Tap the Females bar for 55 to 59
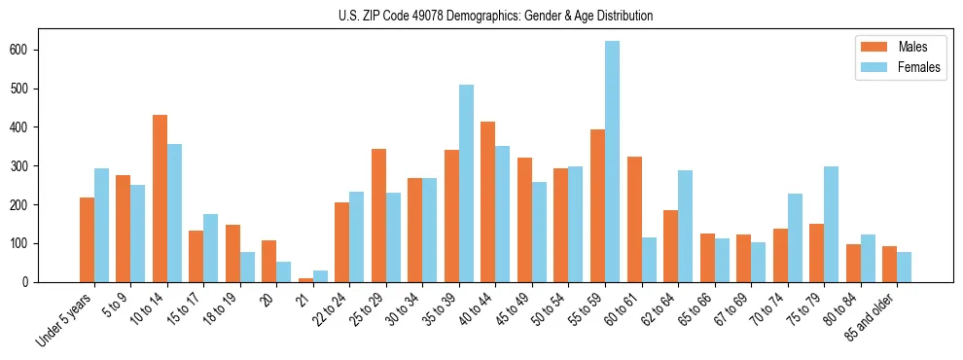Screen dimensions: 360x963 (x=612, y=162)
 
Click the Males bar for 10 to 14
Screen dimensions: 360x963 (x=160, y=198)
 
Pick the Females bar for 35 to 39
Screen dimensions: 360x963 (x=466, y=184)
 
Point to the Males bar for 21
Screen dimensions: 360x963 (x=305, y=280)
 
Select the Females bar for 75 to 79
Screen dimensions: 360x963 (x=831, y=225)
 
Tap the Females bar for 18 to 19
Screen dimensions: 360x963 (x=247, y=268)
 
